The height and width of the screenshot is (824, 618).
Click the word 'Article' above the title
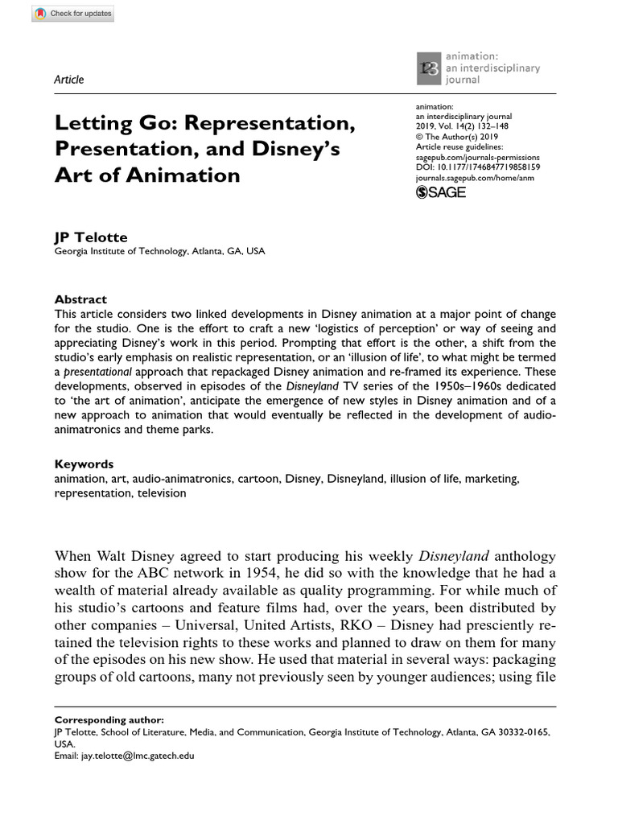point(68,80)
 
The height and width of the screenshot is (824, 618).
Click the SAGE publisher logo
point(440,192)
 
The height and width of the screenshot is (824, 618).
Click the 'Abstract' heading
point(80,299)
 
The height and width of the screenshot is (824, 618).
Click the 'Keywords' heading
point(84,464)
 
